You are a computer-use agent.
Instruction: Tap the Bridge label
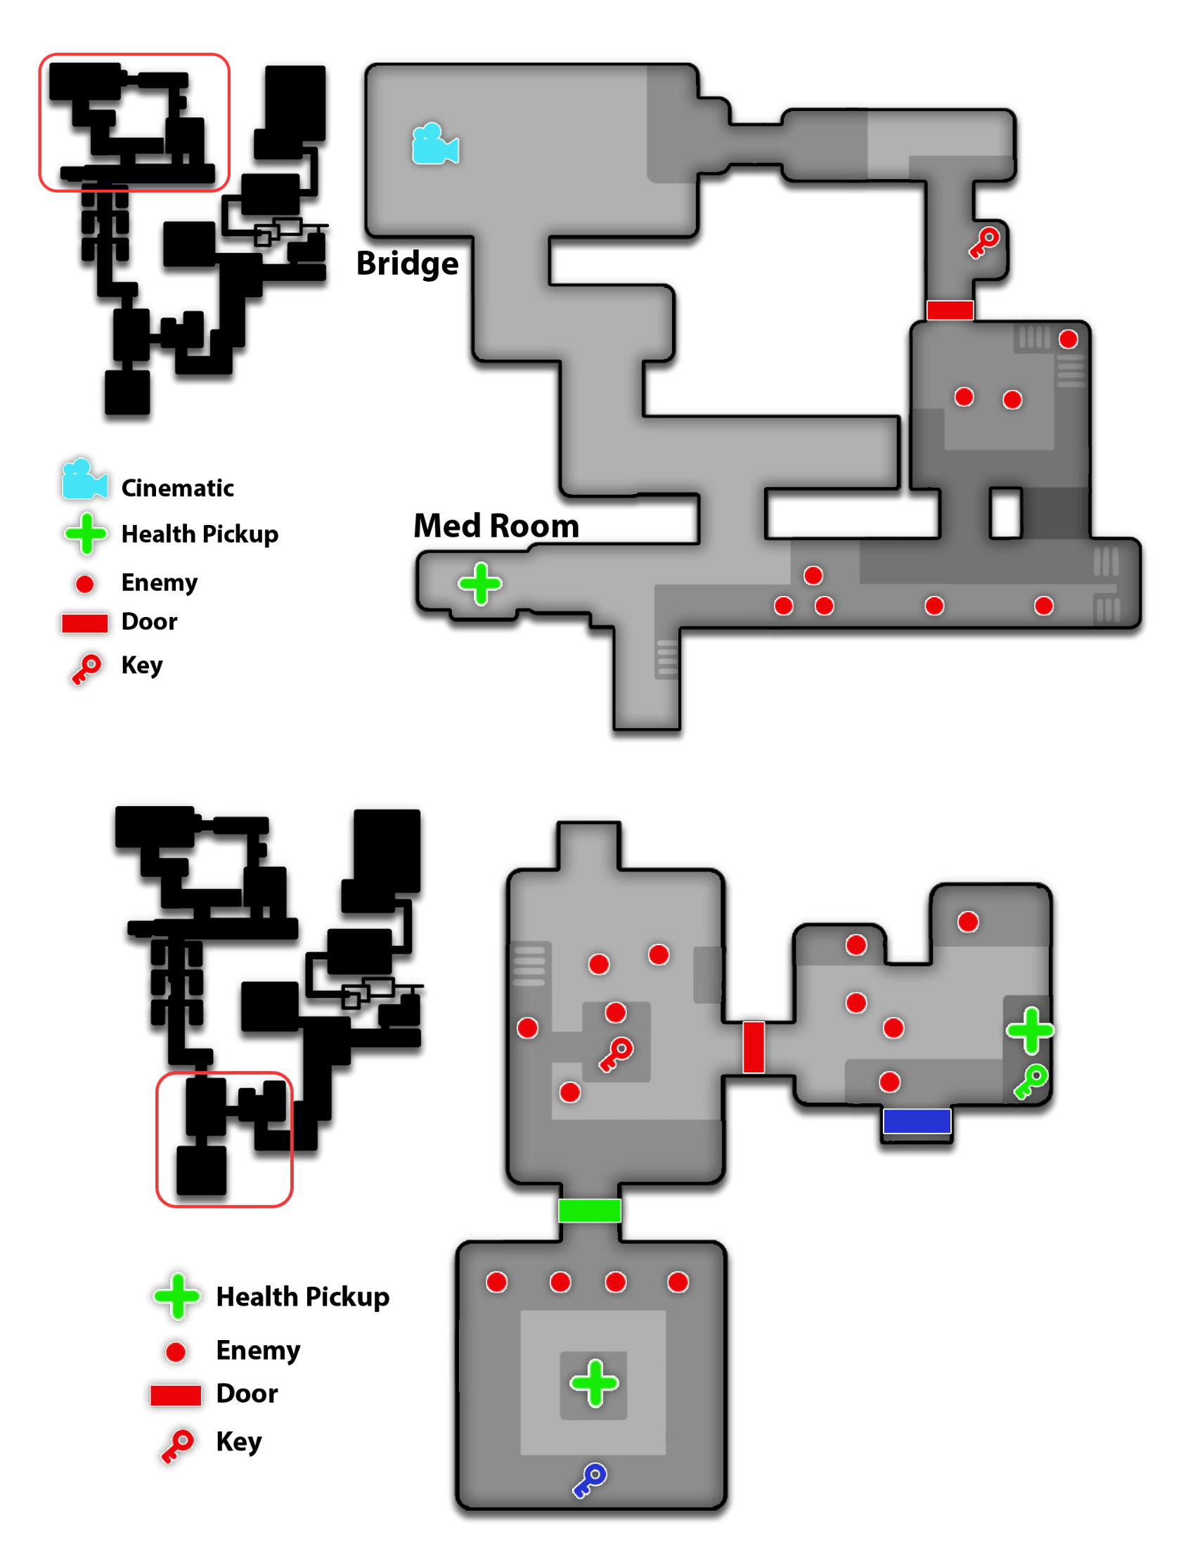[407, 264]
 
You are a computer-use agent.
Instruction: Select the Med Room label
[496, 526]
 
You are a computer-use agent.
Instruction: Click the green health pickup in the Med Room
[480, 584]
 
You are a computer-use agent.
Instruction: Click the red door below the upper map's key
[950, 310]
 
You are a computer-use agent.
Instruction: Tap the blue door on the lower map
[916, 1122]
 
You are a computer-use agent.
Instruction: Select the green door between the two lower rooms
[589, 1211]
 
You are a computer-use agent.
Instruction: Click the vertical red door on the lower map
[754, 1047]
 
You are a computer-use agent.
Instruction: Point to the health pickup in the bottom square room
[594, 1383]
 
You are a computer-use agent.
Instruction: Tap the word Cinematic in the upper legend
[177, 488]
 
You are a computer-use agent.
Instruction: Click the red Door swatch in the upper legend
[84, 623]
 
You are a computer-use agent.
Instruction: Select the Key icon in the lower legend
[176, 1445]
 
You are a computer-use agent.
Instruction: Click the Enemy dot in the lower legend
[176, 1352]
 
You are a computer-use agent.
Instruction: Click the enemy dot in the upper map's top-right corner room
[1068, 339]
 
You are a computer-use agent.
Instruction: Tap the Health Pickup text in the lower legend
[302, 1297]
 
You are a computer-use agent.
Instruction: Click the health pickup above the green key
[1030, 1030]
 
